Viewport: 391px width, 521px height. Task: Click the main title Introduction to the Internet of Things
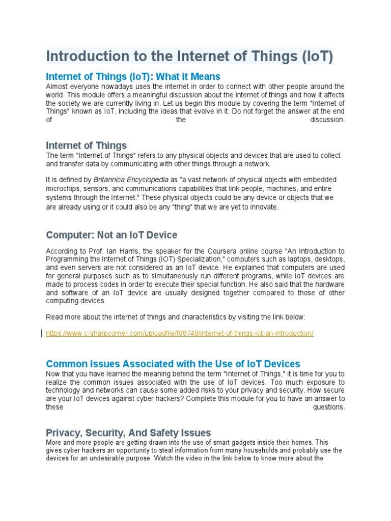(189, 56)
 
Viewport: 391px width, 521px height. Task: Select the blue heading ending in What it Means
(133, 76)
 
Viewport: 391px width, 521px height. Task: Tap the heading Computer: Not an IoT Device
(111, 235)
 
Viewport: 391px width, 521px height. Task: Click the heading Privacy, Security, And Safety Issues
(128, 432)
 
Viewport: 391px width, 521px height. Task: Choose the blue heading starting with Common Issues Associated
(173, 364)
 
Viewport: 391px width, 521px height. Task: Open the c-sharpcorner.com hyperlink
(180, 334)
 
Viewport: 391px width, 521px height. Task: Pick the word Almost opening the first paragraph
(57, 86)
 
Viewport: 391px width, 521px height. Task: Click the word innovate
(264, 208)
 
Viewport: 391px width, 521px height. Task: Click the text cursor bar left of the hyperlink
(42, 334)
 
